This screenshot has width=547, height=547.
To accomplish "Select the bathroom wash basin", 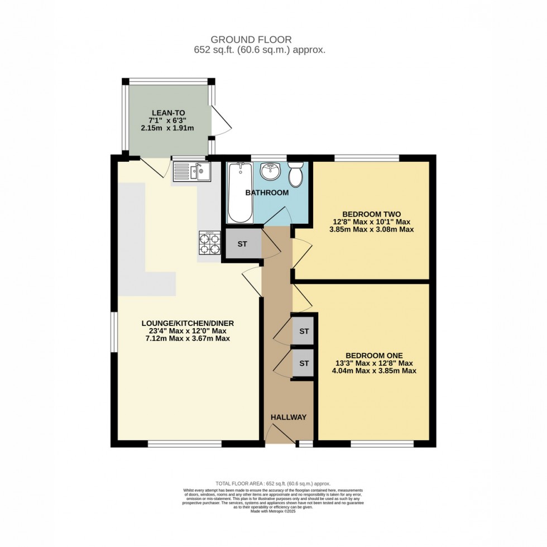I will coord(271,171).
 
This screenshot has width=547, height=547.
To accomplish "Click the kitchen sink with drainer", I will coord(190,171).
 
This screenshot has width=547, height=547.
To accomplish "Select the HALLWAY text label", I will coord(289,417).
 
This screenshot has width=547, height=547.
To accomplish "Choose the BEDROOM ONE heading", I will coord(374,355).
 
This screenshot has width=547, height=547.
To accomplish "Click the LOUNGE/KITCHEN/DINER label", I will coord(187,323).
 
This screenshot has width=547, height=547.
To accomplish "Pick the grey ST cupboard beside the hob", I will coord(243,244).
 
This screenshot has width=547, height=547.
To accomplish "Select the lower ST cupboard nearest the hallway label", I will coord(304,363).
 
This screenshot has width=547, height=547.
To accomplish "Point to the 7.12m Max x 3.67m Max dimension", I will coord(187,339).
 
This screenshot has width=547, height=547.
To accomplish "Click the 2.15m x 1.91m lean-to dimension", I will coord(167,128).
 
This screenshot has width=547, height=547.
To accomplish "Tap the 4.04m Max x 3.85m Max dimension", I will coord(374,371).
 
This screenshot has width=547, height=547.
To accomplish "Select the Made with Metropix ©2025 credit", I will coord(273,511).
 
